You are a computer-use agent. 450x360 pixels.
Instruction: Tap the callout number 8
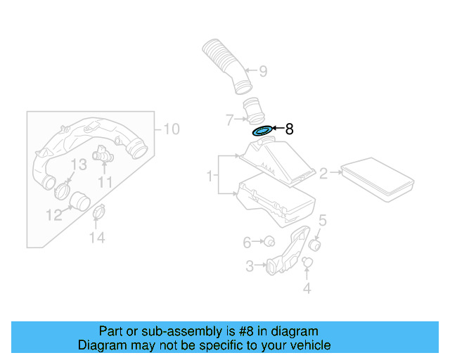point(288,129)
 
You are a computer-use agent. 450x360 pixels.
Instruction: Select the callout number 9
point(263,71)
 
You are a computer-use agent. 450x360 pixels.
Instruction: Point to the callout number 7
point(229,119)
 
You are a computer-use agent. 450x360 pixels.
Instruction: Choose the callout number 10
point(171,129)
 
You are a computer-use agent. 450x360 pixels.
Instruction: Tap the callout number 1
point(210,175)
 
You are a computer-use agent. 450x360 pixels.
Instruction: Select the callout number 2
point(324,173)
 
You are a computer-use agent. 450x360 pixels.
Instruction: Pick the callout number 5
point(322,221)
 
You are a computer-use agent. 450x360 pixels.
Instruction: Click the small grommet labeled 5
point(316,245)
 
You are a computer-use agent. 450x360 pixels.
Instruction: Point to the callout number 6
point(247,243)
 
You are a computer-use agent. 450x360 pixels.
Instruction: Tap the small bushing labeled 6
point(268,242)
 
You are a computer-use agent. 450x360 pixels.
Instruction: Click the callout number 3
point(250,266)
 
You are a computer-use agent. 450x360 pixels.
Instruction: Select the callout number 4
point(307,288)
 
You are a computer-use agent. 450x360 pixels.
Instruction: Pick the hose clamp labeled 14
point(100,211)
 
